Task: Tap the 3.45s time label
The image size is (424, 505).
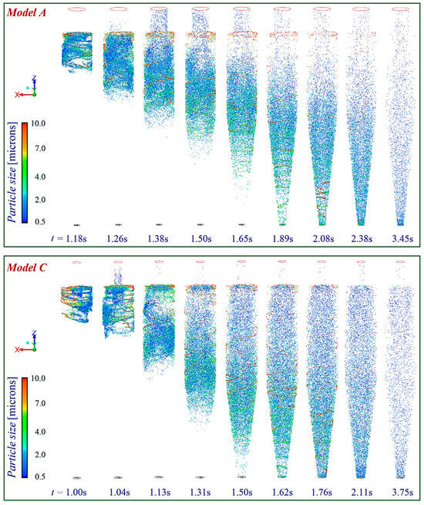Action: click(400, 239)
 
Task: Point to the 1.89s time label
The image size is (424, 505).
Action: click(279, 239)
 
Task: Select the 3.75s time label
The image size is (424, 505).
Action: click(400, 491)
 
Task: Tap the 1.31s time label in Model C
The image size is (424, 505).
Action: click(200, 491)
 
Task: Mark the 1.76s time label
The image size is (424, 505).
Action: click(319, 491)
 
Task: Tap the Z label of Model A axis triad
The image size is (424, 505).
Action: click(35, 78)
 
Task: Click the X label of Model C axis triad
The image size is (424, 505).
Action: click(17, 350)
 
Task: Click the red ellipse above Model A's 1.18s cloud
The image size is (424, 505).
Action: click(77, 9)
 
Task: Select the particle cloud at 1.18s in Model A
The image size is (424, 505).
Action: click(77, 52)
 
